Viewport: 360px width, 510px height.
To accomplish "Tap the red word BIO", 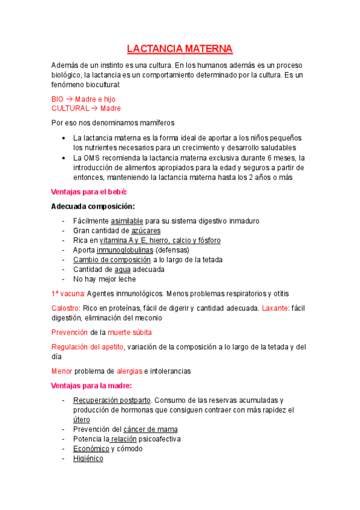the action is (x=58, y=99).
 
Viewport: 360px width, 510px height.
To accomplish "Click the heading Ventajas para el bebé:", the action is (x=90, y=192).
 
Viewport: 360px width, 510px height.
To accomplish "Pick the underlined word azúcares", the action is (x=145, y=231).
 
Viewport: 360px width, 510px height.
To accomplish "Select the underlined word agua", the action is (x=122, y=269).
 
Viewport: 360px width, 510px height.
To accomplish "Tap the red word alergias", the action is (x=129, y=371).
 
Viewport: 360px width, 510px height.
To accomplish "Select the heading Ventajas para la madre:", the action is (x=92, y=386).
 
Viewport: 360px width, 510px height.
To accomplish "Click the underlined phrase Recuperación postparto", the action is (x=112, y=400).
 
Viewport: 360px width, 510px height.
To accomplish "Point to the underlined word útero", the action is (x=82, y=419).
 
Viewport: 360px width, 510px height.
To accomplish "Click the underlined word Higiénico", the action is (x=88, y=458).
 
